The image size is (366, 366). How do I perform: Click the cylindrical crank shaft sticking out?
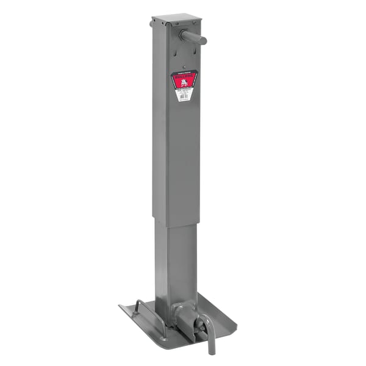tap(196, 40)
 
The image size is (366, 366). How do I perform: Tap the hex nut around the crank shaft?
tap(183, 34)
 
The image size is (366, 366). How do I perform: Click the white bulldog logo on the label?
tap(182, 84)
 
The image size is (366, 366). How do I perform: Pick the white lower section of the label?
tap(182, 95)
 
